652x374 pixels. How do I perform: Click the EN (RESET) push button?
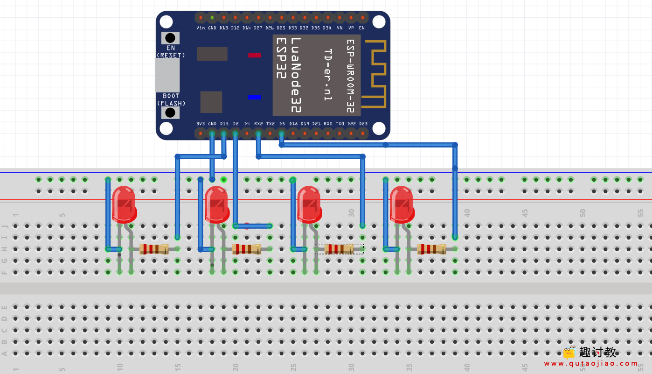(x=170, y=38)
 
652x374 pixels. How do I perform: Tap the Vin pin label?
(x=201, y=28)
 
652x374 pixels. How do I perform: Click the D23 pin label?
(x=363, y=124)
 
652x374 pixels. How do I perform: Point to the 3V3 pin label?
(x=201, y=124)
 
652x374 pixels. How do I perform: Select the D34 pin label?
(x=327, y=28)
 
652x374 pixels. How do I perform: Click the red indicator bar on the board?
(x=255, y=55)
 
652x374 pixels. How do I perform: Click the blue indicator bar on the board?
(x=255, y=97)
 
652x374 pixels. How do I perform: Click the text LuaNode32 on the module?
(x=296, y=75)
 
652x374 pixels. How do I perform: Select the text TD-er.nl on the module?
(x=328, y=75)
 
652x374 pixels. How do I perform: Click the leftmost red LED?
(x=124, y=205)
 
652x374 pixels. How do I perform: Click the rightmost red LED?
(x=401, y=205)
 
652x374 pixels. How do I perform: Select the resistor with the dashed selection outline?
(x=339, y=249)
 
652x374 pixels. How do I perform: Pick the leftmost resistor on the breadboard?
(x=154, y=249)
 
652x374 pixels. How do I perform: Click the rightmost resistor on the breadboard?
(x=431, y=249)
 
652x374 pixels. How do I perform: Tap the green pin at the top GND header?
(x=212, y=18)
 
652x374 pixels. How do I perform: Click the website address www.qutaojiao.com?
(x=591, y=363)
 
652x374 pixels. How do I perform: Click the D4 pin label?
(x=247, y=124)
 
